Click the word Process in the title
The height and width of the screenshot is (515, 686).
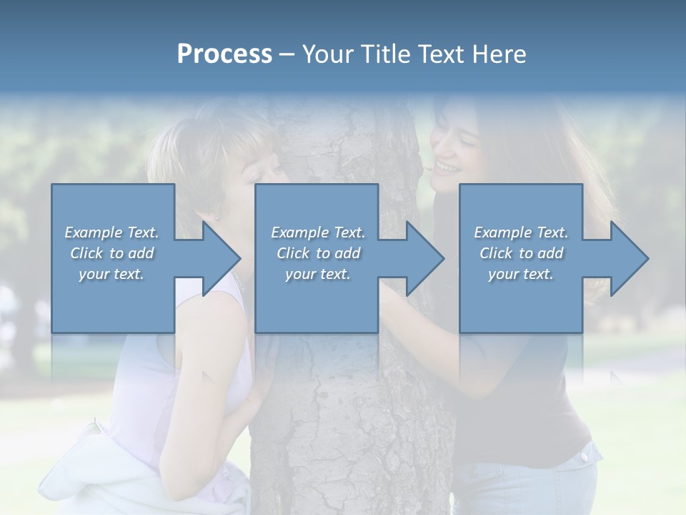224,54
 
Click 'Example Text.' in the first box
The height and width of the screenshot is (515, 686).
111,232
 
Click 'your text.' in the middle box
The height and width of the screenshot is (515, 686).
317,274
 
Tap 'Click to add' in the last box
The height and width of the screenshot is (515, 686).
522,253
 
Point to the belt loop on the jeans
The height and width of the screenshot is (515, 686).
587,452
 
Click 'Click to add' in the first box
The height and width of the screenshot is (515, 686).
111,253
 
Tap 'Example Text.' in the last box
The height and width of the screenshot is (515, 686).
521,232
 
